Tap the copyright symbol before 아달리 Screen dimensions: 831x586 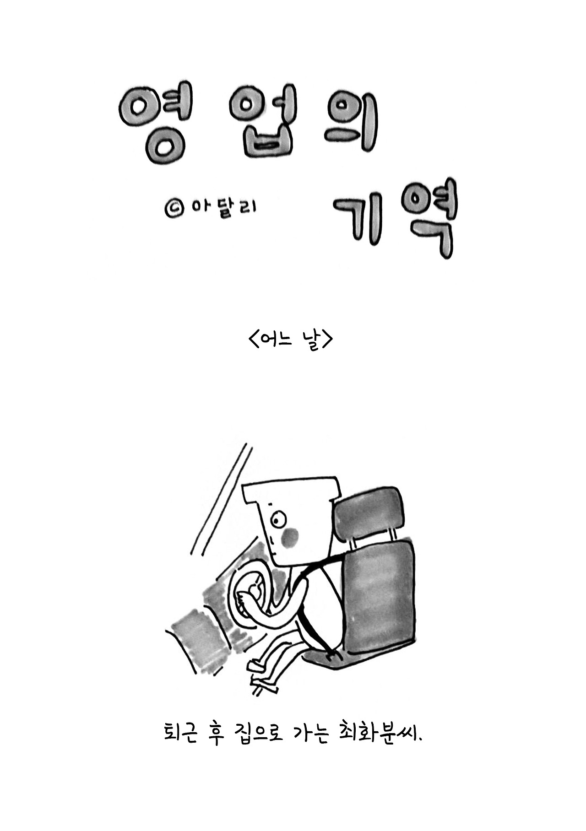[173, 209]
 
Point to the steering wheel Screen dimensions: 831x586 [247, 595]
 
